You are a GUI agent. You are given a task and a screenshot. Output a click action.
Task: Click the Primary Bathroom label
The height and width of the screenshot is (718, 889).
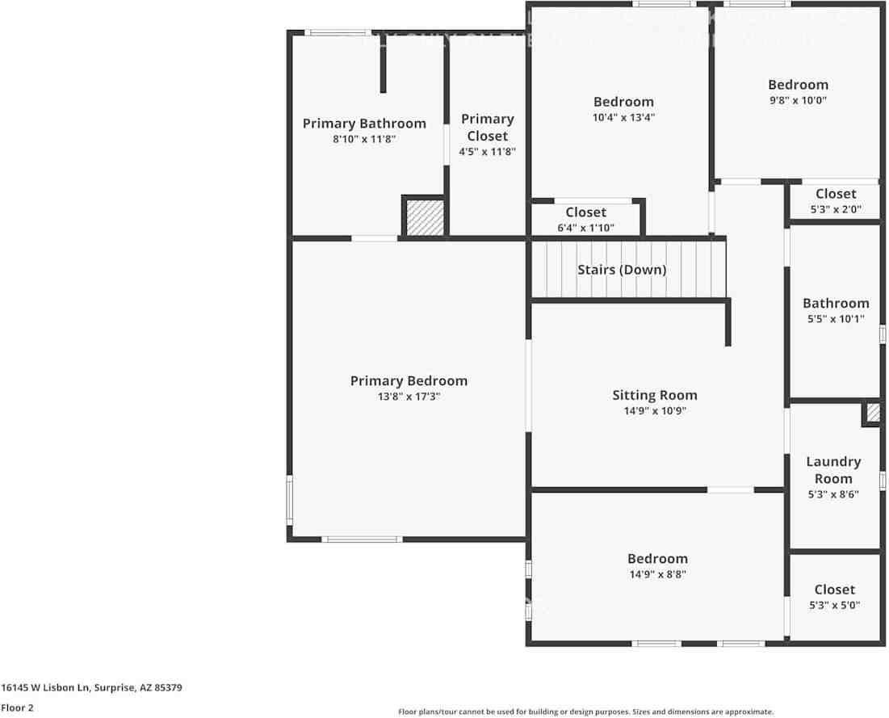tap(364, 124)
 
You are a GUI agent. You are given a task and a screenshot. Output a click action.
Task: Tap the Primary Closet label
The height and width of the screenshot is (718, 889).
tap(487, 128)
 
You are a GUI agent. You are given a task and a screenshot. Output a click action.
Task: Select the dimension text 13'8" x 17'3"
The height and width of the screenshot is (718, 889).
tap(409, 397)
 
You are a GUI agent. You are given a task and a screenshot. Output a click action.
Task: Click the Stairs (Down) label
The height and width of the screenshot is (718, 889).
tap(622, 270)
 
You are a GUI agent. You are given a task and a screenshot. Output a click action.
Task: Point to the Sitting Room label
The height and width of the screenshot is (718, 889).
tap(654, 395)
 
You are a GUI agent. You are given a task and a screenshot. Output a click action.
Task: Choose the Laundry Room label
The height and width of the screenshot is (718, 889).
tap(833, 470)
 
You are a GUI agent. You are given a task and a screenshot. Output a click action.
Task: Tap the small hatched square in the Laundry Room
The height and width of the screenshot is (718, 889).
tap(872, 414)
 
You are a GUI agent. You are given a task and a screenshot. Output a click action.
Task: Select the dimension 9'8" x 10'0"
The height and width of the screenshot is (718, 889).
tap(798, 100)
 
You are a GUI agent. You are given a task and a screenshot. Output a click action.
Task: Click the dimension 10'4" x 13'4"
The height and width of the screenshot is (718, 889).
tap(623, 117)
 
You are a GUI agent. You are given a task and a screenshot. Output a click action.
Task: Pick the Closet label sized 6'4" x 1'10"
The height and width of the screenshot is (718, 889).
tap(585, 212)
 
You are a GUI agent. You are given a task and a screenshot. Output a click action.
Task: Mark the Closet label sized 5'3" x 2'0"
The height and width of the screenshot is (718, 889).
tap(835, 194)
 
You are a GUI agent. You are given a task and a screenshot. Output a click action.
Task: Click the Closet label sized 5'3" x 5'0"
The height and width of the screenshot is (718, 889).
tap(834, 590)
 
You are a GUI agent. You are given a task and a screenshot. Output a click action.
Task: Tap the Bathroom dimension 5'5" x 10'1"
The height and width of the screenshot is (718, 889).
tap(836, 319)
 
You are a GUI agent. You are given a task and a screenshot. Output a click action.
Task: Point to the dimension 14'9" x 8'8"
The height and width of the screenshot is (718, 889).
tap(657, 574)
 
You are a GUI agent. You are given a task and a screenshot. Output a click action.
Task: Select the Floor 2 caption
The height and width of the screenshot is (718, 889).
tap(18, 708)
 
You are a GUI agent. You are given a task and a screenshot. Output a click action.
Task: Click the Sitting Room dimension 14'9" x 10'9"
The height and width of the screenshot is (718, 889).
tap(654, 410)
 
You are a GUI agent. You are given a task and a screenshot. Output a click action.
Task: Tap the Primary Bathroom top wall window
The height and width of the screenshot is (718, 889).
tap(338, 32)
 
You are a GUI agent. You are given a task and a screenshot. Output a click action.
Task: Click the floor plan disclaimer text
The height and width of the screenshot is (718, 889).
tap(585, 712)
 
